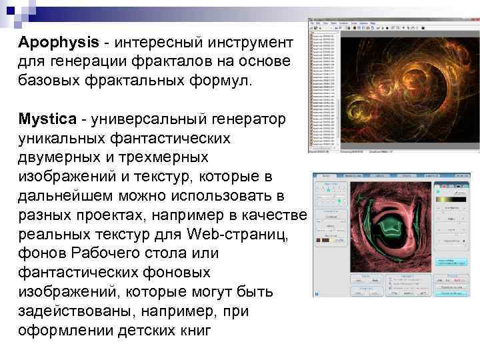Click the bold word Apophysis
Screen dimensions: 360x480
click(x=57, y=42)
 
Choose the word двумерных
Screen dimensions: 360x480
click(x=63, y=158)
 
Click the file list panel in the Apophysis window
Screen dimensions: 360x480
click(x=324, y=87)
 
